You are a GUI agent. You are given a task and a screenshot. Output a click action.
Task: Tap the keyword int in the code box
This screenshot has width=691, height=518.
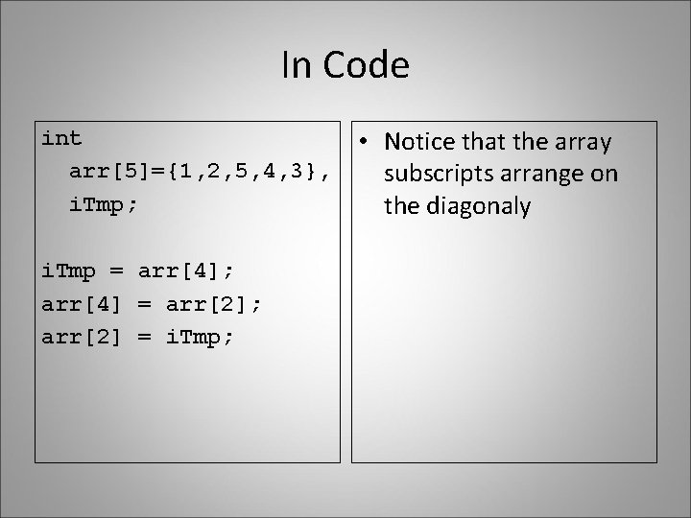pos(61,138)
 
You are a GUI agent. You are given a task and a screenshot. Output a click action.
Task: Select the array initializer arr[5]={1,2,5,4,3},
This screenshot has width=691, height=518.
pos(203,172)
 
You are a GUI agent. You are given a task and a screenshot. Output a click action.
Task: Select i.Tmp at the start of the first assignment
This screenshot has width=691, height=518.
pos(69,272)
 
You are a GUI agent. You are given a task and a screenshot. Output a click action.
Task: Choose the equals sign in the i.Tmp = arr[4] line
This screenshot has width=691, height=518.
pos(118,272)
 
